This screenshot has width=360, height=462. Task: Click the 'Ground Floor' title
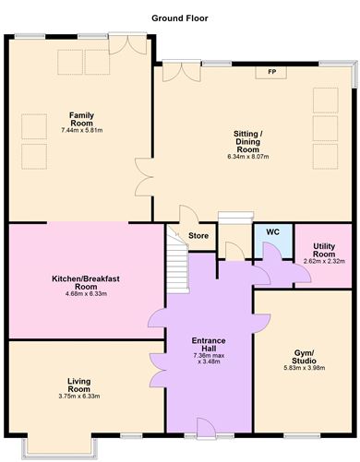click(x=179, y=18)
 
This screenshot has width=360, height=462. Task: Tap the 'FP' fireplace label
click(x=271, y=72)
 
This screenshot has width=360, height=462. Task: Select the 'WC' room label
click(x=272, y=231)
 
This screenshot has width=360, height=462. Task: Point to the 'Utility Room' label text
click(x=323, y=250)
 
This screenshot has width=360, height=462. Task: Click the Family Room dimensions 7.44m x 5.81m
click(x=82, y=131)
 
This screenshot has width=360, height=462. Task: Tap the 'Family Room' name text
click(x=82, y=118)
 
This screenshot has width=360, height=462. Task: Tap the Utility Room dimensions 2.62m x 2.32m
click(x=323, y=261)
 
